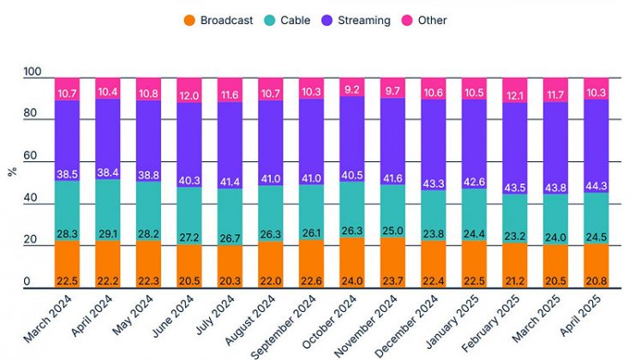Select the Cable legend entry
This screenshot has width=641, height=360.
(x=294, y=20)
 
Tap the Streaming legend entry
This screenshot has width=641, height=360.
(x=361, y=20)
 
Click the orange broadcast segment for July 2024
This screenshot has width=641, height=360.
(x=230, y=257)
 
